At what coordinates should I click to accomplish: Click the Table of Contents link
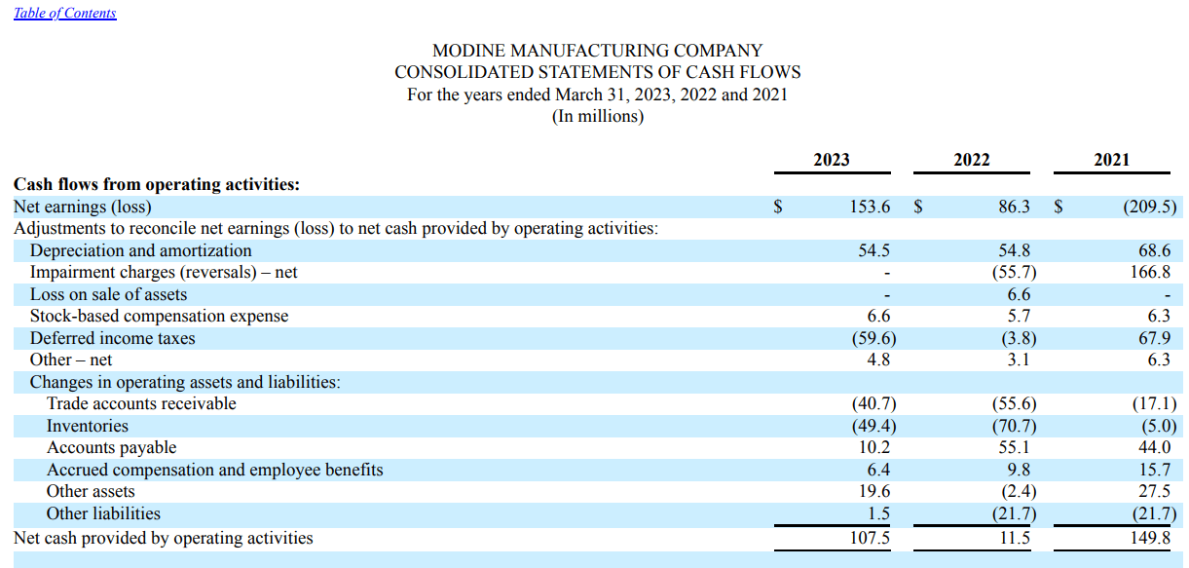(x=65, y=13)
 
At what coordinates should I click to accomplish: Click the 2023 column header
(x=831, y=160)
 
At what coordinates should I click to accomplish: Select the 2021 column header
(x=1111, y=160)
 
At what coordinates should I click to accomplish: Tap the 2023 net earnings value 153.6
(x=870, y=207)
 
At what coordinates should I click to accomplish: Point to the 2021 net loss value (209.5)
(x=1148, y=207)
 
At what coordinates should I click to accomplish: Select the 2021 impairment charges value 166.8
(x=1151, y=273)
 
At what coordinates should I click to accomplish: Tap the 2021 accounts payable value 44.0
(x=1154, y=447)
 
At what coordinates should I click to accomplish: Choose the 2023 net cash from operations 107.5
(x=870, y=538)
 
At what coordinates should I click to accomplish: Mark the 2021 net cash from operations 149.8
(x=1151, y=538)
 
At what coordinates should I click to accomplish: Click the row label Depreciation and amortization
(x=140, y=250)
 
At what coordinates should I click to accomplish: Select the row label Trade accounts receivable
(x=141, y=403)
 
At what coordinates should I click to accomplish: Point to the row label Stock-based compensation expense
(x=159, y=316)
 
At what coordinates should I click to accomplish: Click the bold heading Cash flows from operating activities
(x=156, y=184)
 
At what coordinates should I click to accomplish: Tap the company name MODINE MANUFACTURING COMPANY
(x=597, y=50)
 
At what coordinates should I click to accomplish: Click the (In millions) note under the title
(x=597, y=116)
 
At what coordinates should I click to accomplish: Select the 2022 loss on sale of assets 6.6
(x=1019, y=294)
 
